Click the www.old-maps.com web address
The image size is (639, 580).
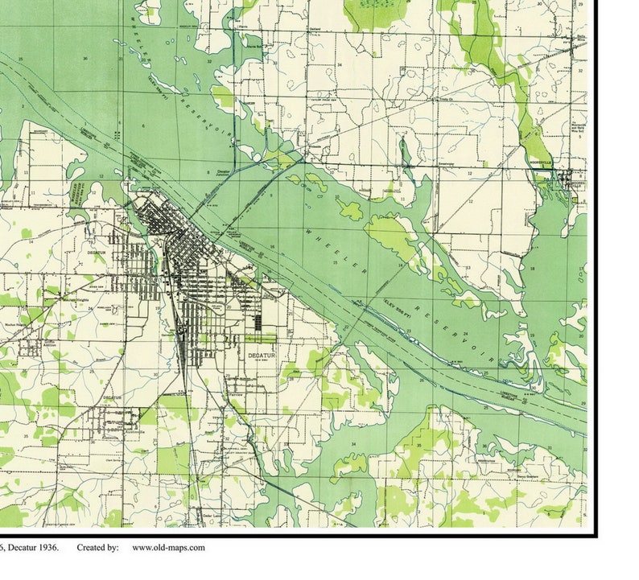168,548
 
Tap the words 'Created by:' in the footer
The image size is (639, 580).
98,548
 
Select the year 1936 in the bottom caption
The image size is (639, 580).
47,548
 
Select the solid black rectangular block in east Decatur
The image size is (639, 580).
258,322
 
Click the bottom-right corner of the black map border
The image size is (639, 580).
596,535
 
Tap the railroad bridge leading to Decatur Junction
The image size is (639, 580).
206,193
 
